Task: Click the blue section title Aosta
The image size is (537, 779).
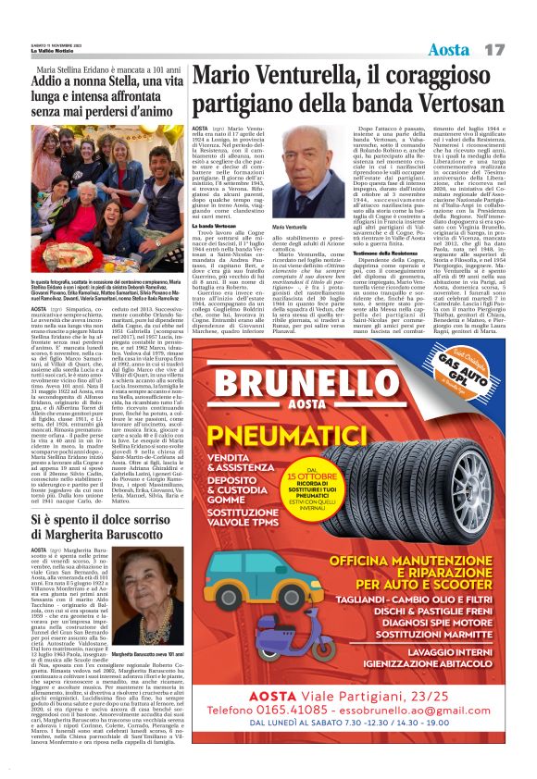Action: [x=450, y=47]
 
